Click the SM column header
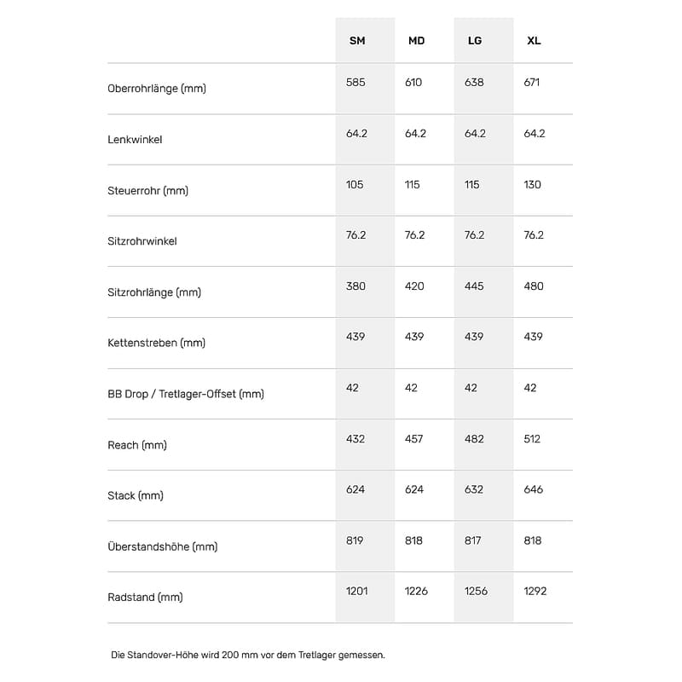(357, 41)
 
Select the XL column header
(534, 41)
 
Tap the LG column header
(475, 41)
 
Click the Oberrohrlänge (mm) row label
(157, 89)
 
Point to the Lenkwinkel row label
(135, 139)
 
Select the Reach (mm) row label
(137, 445)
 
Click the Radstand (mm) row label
(145, 598)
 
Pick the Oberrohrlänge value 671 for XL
(532, 83)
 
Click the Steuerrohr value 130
(533, 184)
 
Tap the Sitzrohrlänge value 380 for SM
(355, 286)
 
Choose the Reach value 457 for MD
(414, 439)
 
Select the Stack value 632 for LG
(474, 489)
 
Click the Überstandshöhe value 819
(355, 540)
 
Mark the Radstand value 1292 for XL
(535, 591)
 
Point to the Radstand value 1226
(417, 591)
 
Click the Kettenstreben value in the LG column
(474, 337)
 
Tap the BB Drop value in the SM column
(352, 388)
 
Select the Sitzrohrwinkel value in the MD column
(414, 235)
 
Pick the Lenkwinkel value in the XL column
(535, 134)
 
